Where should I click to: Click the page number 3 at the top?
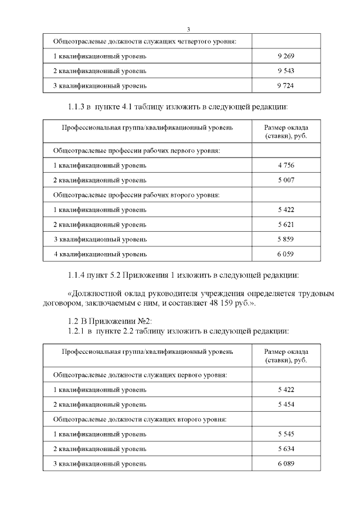[188, 29]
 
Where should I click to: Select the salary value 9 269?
[286, 56]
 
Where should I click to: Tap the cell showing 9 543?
[286, 71]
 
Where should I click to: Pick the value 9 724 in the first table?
[286, 85]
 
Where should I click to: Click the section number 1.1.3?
[78, 106]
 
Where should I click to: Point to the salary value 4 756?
[286, 165]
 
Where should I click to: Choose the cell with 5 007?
[286, 180]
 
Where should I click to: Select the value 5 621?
[286, 224]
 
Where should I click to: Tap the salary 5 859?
[286, 239]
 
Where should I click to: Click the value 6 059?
[286, 254]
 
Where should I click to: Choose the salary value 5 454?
[286, 404]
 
